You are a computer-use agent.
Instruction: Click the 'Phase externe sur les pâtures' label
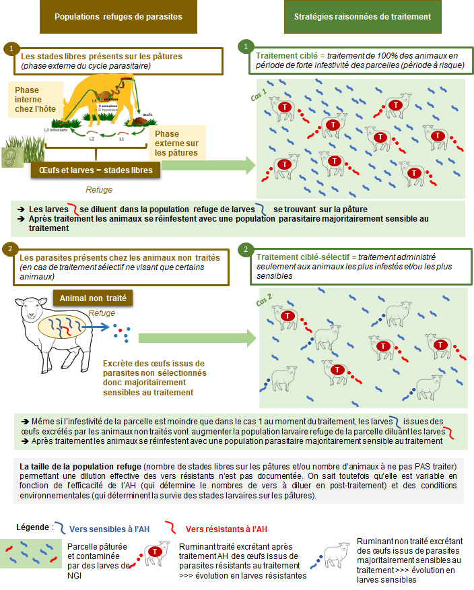click(x=176, y=143)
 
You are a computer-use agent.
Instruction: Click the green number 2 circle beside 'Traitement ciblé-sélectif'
click(x=246, y=250)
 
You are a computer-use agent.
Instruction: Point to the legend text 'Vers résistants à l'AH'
click(x=226, y=529)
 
